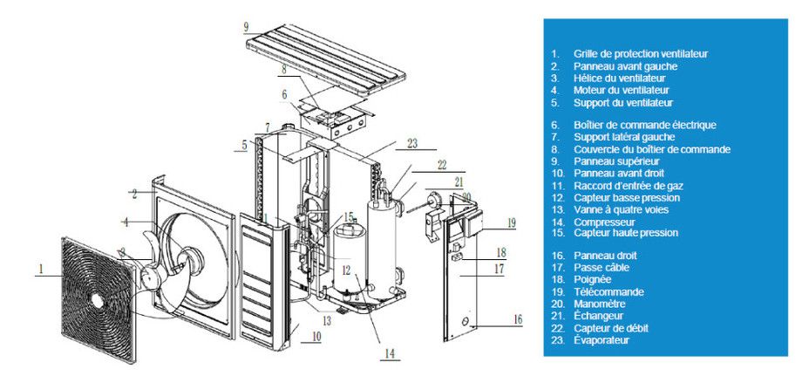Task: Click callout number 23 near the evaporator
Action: (412, 144)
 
